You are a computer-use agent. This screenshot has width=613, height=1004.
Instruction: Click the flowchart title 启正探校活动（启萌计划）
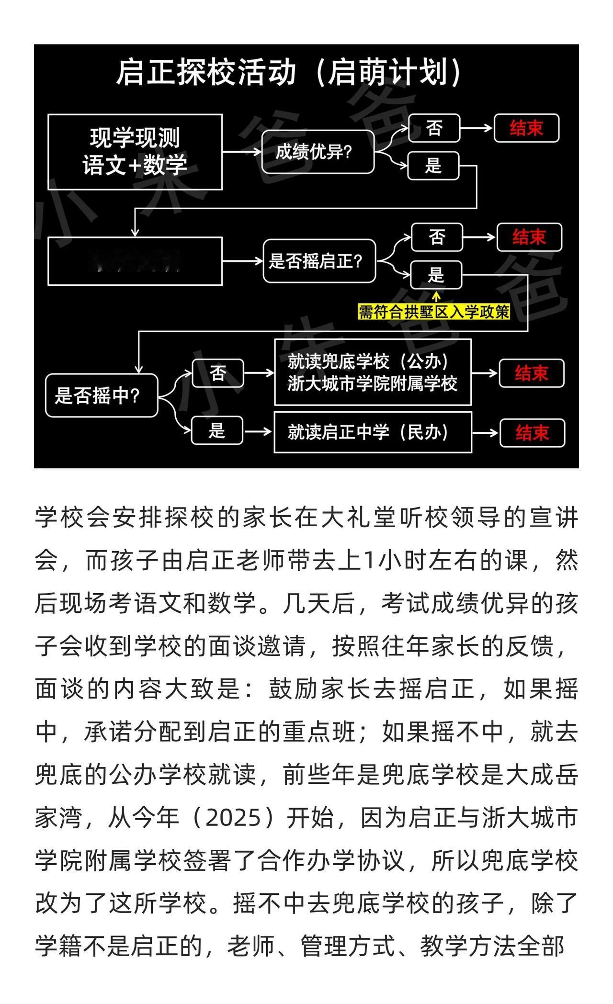click(288, 73)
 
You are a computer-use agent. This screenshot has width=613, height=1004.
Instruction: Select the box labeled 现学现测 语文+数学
click(135, 152)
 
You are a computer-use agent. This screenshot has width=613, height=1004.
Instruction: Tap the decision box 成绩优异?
click(318, 152)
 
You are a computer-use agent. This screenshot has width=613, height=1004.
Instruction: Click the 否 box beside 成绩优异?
click(434, 128)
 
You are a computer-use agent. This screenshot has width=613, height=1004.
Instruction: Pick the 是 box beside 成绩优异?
click(433, 166)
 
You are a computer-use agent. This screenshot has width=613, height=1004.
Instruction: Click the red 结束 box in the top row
click(526, 128)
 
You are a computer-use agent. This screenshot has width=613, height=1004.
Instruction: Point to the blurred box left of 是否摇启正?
click(135, 261)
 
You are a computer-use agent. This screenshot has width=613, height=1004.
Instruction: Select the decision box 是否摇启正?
click(319, 261)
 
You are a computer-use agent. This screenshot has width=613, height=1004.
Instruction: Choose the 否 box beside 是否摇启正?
click(437, 237)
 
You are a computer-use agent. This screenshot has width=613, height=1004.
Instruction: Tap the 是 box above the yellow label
click(436, 275)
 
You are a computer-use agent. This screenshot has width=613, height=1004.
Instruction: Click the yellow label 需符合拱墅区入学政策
click(434, 312)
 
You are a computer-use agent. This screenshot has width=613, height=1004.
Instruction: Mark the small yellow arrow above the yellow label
click(436, 297)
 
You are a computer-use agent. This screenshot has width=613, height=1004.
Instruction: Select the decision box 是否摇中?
click(102, 395)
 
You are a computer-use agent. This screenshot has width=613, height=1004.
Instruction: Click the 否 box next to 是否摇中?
click(218, 373)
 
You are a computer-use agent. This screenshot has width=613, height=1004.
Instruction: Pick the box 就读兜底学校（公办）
click(373, 372)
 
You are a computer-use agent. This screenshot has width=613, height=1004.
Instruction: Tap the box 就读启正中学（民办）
click(373, 432)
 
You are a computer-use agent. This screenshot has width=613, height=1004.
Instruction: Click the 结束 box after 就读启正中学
click(532, 433)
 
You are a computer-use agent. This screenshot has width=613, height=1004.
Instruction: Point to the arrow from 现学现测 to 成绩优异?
click(242, 152)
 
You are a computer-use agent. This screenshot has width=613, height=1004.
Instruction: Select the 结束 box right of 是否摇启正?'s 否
click(529, 237)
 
